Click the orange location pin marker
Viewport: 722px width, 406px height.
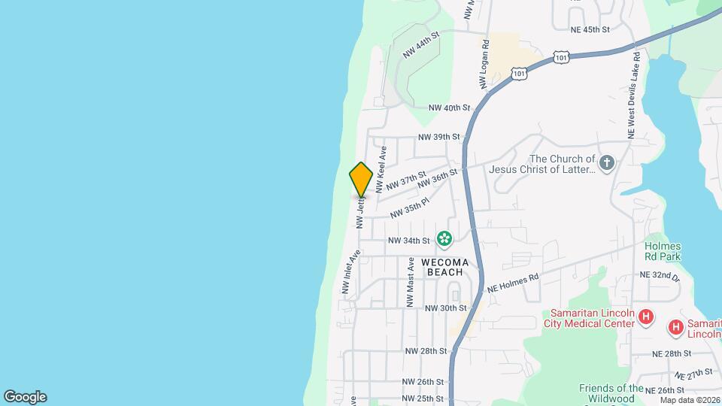tap(361, 180)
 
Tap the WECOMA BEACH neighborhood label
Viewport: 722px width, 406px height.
tap(444, 266)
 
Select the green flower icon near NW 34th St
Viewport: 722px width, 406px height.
tap(444, 240)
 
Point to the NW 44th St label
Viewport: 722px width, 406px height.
tap(420, 45)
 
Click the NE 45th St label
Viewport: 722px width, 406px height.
tap(590, 29)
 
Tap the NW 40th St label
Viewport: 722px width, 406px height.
tap(449, 108)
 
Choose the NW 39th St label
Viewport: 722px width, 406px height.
tap(438, 137)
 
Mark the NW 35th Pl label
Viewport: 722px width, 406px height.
tap(409, 208)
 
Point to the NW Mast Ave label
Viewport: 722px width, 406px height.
tap(411, 282)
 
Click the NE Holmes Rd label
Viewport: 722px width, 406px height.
tap(514, 283)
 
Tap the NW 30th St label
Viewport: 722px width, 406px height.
tap(446, 308)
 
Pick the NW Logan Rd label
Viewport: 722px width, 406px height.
tap(485, 62)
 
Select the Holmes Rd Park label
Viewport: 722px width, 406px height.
tap(663, 250)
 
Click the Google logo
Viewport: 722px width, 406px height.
tap(25, 397)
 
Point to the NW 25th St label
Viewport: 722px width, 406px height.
tap(423, 398)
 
